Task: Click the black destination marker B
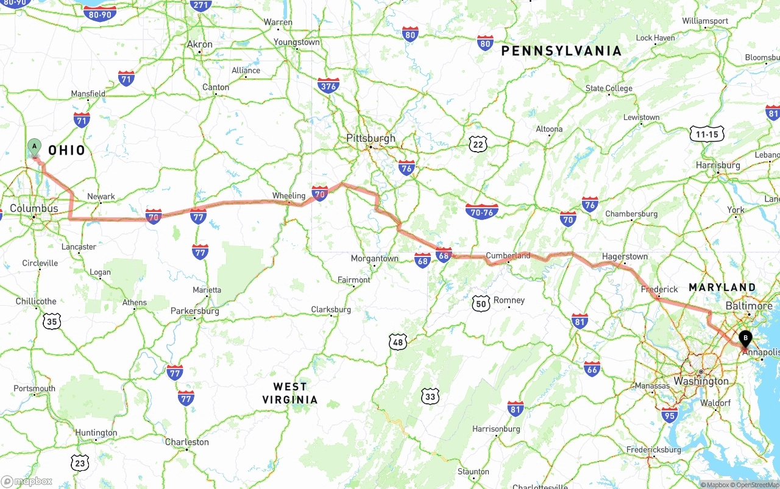745,339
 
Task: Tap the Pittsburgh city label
370,138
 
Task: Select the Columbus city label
34,208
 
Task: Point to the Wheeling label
288,196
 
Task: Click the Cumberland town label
508,256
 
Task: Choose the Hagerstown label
624,256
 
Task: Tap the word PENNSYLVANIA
561,51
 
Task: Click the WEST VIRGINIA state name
290,393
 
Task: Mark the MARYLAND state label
722,287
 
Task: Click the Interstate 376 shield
328,85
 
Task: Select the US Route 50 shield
481,303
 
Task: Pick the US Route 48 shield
398,342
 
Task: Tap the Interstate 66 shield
592,368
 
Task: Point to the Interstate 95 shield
669,415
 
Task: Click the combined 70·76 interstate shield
481,212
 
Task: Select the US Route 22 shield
478,144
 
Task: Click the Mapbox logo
27,481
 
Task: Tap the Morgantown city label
374,259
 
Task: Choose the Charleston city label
186,442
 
